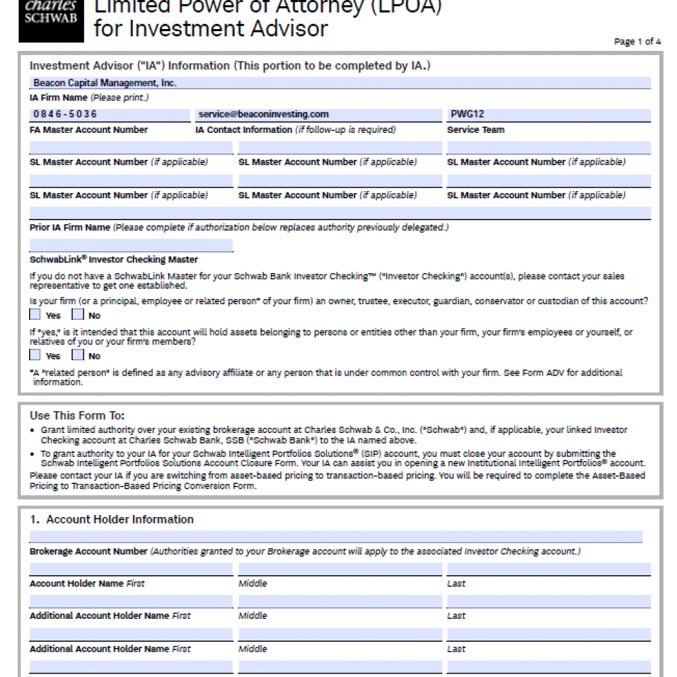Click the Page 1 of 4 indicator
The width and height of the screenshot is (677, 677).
point(637,42)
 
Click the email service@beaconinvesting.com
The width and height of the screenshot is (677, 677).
point(264,114)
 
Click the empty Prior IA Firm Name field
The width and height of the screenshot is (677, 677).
point(340,213)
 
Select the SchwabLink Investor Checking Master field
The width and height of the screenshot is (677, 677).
point(131,245)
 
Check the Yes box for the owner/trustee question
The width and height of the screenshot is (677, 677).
point(35,315)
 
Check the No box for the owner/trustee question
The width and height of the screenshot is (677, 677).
point(78,315)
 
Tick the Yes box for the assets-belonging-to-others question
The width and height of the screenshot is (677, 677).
point(35,355)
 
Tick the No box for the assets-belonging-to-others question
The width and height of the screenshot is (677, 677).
point(78,355)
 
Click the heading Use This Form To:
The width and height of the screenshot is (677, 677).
point(77,416)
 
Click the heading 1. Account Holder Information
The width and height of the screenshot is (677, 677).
point(112,520)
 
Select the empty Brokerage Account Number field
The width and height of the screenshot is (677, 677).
point(336,536)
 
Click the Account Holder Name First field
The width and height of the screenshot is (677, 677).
point(131,569)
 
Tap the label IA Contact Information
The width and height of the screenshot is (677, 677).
point(243,130)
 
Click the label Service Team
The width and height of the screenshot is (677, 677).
point(475,130)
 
